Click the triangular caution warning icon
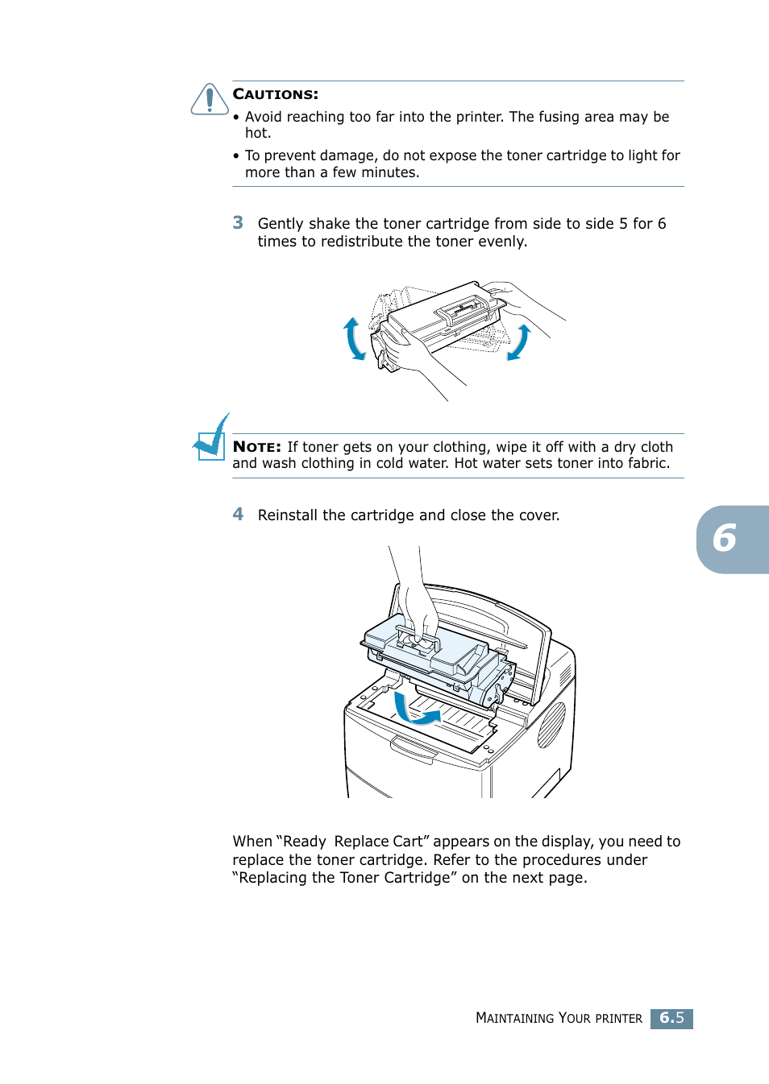[210, 100]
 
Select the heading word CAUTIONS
[275, 94]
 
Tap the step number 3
[238, 223]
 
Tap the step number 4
[238, 515]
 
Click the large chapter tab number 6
[725, 539]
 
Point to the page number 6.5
[671, 1018]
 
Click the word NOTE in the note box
[256, 447]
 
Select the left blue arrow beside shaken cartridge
[353, 338]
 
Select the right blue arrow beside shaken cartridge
[519, 342]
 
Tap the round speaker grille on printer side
[552, 725]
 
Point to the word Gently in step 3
[281, 224]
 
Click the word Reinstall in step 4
[287, 515]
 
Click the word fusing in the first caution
[559, 117]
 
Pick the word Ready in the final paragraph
[304, 842]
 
